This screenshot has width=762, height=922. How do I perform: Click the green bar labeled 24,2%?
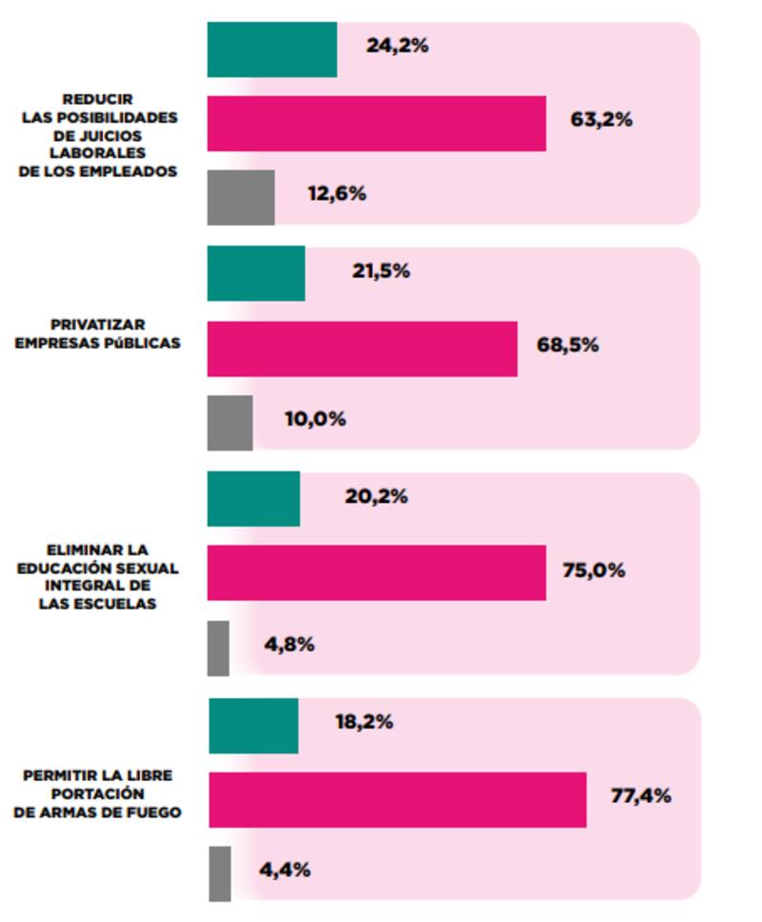pos(271,50)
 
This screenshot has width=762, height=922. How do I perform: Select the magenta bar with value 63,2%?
pos(376,123)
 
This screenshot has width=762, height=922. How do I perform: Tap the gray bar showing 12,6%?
pos(241,197)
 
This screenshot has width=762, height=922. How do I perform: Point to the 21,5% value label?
pos(381,271)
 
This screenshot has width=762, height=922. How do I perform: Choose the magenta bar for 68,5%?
pos(362,349)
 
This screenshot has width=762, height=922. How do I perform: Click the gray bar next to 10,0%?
pos(230,423)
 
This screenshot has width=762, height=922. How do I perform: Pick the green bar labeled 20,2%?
pos(253,498)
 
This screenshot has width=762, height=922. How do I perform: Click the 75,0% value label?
pos(596,571)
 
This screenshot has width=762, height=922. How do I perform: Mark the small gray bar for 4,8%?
pos(218,649)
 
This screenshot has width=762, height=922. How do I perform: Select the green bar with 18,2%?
pos(252,725)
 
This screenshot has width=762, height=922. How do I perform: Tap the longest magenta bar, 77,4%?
pos(396,799)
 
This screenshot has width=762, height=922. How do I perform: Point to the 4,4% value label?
pos(285,870)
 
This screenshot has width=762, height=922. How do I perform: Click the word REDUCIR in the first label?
pos(97,99)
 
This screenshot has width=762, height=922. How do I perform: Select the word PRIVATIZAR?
pos(98,325)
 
